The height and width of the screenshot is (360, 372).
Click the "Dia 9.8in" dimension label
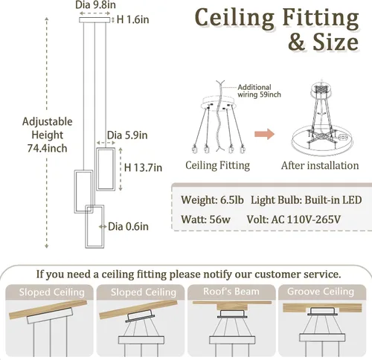pos(95,4)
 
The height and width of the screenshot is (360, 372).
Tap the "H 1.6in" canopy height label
pos(132,19)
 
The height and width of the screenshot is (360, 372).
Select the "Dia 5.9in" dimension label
pos(127,135)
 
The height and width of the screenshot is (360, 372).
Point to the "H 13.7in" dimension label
pos(143,167)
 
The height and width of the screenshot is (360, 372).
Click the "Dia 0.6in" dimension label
pos(128,227)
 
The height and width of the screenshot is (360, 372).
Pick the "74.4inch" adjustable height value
pos(47,148)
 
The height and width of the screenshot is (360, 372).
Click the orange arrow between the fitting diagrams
pos(264,134)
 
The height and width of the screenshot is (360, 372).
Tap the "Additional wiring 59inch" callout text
pos(259,91)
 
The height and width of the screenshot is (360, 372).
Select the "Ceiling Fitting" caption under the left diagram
pos(217,166)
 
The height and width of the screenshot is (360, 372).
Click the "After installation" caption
pos(320,166)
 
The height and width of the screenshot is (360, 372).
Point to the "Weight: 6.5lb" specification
pos(212,200)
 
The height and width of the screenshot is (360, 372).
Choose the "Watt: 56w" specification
pos(205,219)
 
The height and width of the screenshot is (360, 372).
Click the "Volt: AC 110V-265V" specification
pos(294,219)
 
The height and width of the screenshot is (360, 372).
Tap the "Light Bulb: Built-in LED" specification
pos(307,200)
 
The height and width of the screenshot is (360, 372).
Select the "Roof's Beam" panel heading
pos(231,292)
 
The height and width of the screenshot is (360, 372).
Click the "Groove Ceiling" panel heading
pos(321,292)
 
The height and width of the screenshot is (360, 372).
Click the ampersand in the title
pos(296,42)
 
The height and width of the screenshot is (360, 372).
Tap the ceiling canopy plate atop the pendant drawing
pos(94,20)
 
